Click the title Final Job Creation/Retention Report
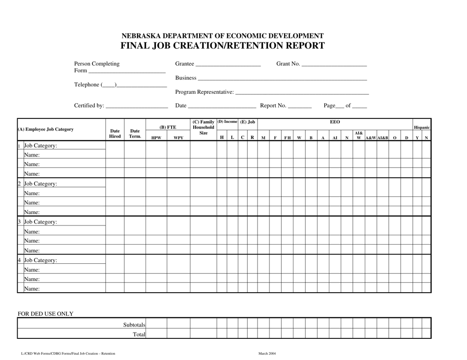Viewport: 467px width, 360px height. click(x=223, y=46)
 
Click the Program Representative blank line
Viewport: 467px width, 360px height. click(x=302, y=93)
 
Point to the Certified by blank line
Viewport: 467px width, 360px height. click(x=137, y=107)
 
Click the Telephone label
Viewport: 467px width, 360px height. click(x=87, y=85)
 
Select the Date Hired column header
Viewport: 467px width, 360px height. click(x=115, y=134)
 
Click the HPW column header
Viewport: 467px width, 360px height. click(x=156, y=138)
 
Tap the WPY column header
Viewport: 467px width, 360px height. click(x=178, y=138)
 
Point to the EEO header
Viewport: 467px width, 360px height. click(x=335, y=122)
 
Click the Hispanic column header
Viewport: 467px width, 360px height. click(x=422, y=127)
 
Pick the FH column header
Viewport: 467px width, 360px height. click(x=287, y=138)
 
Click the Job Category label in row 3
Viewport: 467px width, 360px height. click(x=40, y=222)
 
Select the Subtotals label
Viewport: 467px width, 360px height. click(x=134, y=325)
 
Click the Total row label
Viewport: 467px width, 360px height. click(x=140, y=334)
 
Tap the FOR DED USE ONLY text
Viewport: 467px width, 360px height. click(x=46, y=313)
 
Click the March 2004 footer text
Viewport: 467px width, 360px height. click(x=267, y=354)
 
